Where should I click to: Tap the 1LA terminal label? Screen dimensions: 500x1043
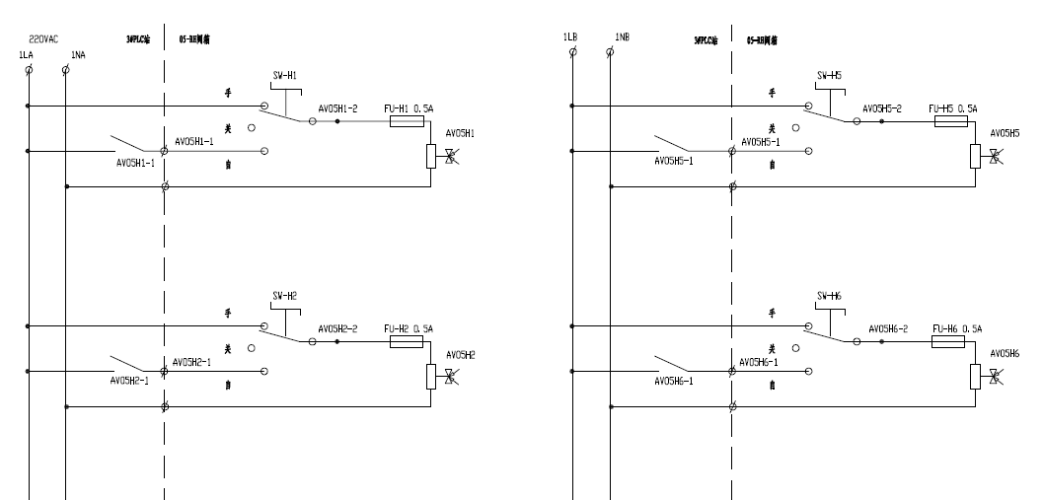(26, 55)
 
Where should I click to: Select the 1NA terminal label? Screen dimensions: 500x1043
(78, 55)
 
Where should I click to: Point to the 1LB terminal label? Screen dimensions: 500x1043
(569, 37)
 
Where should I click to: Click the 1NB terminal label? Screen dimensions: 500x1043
(623, 37)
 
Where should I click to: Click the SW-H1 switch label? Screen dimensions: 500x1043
(285, 75)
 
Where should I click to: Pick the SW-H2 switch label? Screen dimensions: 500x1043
(285, 296)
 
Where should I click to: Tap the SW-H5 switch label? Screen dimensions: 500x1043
(830, 75)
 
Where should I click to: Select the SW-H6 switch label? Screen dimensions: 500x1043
(830, 296)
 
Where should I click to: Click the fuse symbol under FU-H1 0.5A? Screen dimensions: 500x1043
(408, 121)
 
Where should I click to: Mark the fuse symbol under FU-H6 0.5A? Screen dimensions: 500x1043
(948, 342)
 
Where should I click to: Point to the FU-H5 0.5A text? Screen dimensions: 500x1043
(951, 107)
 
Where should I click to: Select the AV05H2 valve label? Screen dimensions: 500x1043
(461, 354)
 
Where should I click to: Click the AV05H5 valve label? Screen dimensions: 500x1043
(1006, 133)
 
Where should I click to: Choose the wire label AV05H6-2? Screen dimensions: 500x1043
(888, 328)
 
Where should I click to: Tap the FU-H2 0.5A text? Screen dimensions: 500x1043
(410, 328)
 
